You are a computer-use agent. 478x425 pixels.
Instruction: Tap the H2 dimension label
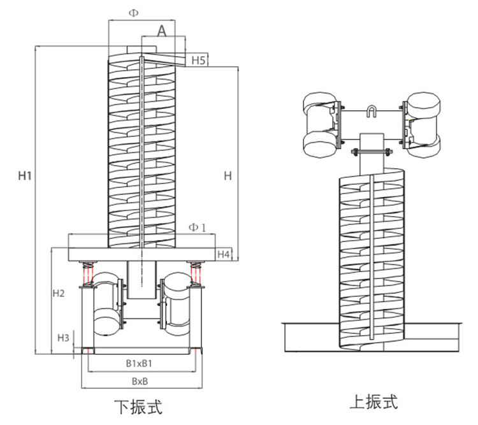click(58, 294)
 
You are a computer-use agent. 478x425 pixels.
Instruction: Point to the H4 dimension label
click(223, 254)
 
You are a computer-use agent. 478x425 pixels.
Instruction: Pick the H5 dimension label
click(198, 61)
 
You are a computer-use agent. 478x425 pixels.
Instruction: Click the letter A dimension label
click(162, 30)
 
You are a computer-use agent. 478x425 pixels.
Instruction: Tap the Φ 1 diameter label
click(197, 228)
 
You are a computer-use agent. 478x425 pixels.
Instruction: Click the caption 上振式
click(374, 402)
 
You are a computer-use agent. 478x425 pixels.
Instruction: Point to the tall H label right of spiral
click(228, 176)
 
